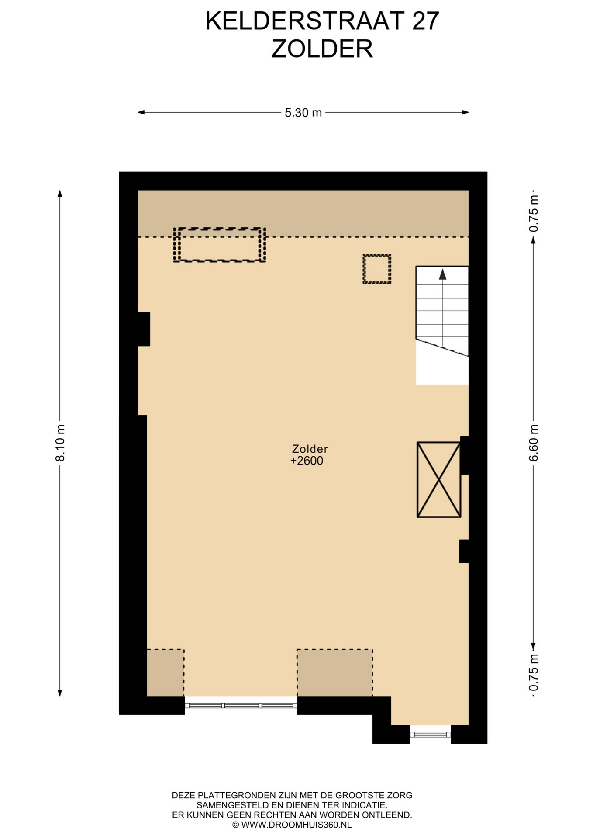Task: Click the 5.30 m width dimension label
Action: point(303,113)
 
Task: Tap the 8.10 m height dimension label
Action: point(60,443)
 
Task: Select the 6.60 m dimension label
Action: point(533,443)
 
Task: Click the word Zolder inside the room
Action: point(310,449)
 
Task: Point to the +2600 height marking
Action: point(307,461)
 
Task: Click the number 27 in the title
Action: point(425,21)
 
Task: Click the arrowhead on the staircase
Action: point(443,274)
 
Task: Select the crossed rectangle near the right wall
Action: point(439,480)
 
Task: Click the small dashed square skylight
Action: point(377,269)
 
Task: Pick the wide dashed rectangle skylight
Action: point(220,245)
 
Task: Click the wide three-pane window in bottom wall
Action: point(241,705)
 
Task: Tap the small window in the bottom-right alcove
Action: point(431,734)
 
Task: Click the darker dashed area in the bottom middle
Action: point(335,673)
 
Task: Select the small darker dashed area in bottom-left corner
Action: point(165,673)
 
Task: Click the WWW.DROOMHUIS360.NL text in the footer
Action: point(296,825)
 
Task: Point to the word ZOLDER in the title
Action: point(322,49)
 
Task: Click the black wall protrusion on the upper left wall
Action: point(144,329)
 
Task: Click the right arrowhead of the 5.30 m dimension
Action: point(465,112)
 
